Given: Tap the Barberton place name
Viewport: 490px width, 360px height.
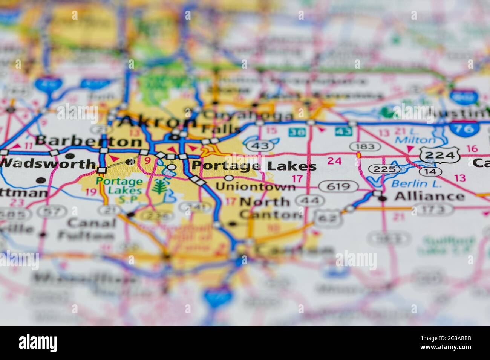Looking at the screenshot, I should click(89, 141).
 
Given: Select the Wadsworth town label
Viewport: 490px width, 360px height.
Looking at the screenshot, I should click(48, 164).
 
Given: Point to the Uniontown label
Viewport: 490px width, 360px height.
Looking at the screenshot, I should click(256, 186).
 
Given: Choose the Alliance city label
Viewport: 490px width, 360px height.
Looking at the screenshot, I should click(429, 196).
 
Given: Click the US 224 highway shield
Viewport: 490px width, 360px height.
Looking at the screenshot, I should click(438, 155).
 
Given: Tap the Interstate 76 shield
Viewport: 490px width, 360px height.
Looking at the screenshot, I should click(464, 128).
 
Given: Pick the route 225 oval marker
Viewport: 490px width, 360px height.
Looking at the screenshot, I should click(384, 169).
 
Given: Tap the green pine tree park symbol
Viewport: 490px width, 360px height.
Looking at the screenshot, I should click(160, 187).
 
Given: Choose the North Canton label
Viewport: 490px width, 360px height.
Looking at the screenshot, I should click(270, 208).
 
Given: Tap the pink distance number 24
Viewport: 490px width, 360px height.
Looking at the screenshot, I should click(334, 161).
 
